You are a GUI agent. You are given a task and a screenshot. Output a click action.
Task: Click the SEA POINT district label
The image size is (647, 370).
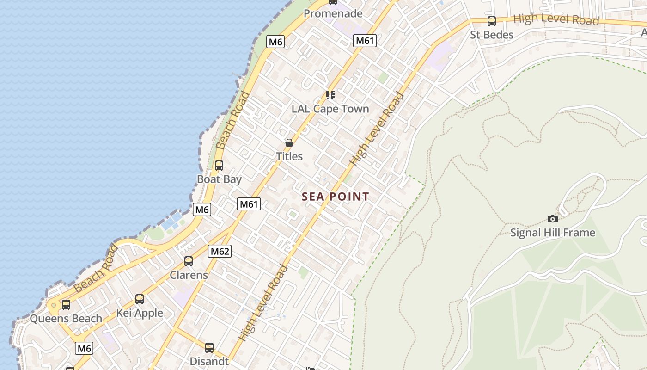(336, 197)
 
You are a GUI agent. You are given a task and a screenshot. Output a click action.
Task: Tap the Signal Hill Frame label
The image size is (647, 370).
(552, 232)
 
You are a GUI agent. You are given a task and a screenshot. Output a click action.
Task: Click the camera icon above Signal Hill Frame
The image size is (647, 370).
(552, 219)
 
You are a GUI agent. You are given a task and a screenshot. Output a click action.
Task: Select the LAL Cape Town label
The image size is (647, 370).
(330, 109)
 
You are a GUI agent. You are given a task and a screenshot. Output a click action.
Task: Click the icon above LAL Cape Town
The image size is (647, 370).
(330, 95)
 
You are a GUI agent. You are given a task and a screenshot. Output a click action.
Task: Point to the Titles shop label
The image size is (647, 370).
(289, 156)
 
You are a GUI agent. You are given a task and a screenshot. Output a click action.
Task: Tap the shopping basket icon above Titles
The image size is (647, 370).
(289, 143)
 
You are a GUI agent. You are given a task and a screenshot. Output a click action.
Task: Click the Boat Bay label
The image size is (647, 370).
(219, 179)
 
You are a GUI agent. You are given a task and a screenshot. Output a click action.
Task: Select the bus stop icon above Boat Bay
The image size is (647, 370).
(219, 165)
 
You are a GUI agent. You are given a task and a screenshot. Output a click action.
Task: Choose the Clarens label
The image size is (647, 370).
(189, 275)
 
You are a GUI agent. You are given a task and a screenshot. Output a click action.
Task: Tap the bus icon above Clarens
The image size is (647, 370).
(189, 261)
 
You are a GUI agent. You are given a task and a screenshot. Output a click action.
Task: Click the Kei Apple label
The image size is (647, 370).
(140, 313)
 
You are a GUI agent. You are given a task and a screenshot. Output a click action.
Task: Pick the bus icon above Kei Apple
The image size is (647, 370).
(140, 299)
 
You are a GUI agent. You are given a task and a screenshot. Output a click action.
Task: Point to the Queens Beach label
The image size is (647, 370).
(66, 318)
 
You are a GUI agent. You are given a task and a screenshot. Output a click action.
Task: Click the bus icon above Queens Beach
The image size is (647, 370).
(66, 305)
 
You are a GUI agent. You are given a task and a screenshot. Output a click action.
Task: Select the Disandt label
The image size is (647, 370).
(209, 361)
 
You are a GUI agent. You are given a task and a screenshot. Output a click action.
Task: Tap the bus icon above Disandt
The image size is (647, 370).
(209, 347)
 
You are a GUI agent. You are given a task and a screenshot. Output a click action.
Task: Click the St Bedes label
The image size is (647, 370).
(492, 35)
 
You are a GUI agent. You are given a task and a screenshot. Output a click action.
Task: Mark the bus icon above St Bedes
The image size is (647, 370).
(492, 21)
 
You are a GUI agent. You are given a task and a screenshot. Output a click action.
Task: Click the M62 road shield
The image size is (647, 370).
(220, 251)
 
